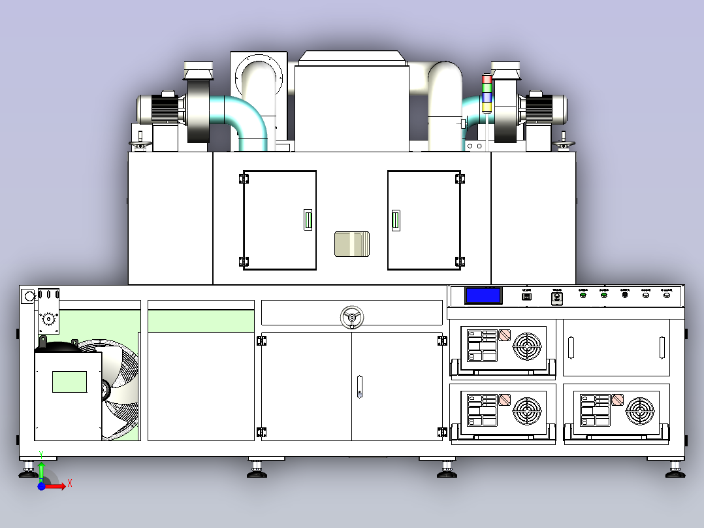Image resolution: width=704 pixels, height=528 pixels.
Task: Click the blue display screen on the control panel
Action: pyautogui.click(x=484, y=295)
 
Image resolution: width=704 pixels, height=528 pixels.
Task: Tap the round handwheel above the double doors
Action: pyautogui.click(x=352, y=318)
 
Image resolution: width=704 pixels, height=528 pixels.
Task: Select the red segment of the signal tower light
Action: pyautogui.click(x=487, y=80)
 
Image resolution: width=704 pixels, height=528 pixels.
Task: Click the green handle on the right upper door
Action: pyautogui.click(x=395, y=221)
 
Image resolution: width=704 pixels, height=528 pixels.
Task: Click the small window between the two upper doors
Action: pyautogui.click(x=352, y=244)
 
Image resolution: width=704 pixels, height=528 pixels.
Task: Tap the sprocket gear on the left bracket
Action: pyautogui.click(x=47, y=320)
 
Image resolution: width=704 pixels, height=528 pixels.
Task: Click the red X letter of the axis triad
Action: pyautogui.click(x=69, y=484)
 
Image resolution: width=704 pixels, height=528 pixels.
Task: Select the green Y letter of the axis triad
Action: pyautogui.click(x=41, y=453)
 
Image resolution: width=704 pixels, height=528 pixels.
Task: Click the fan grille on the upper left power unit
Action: pyautogui.click(x=527, y=347)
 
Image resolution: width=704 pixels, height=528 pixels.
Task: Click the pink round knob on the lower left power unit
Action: pyautogui.click(x=505, y=399)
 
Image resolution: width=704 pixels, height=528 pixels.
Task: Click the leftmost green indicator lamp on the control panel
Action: pyautogui.click(x=583, y=295)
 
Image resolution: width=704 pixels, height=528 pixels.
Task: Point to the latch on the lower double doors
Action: pyautogui.click(x=359, y=386)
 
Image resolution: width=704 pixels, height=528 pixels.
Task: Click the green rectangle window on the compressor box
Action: pyautogui.click(x=69, y=382)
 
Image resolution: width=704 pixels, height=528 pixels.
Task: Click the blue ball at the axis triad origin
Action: pyautogui.click(x=41, y=487)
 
